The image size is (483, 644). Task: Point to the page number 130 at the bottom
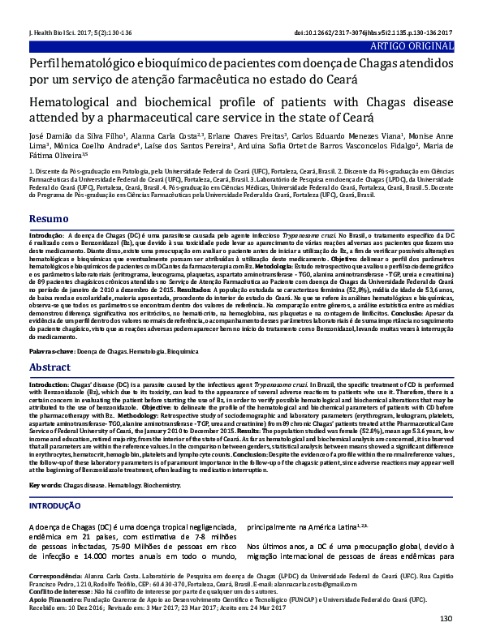click(x=445, y=619)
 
